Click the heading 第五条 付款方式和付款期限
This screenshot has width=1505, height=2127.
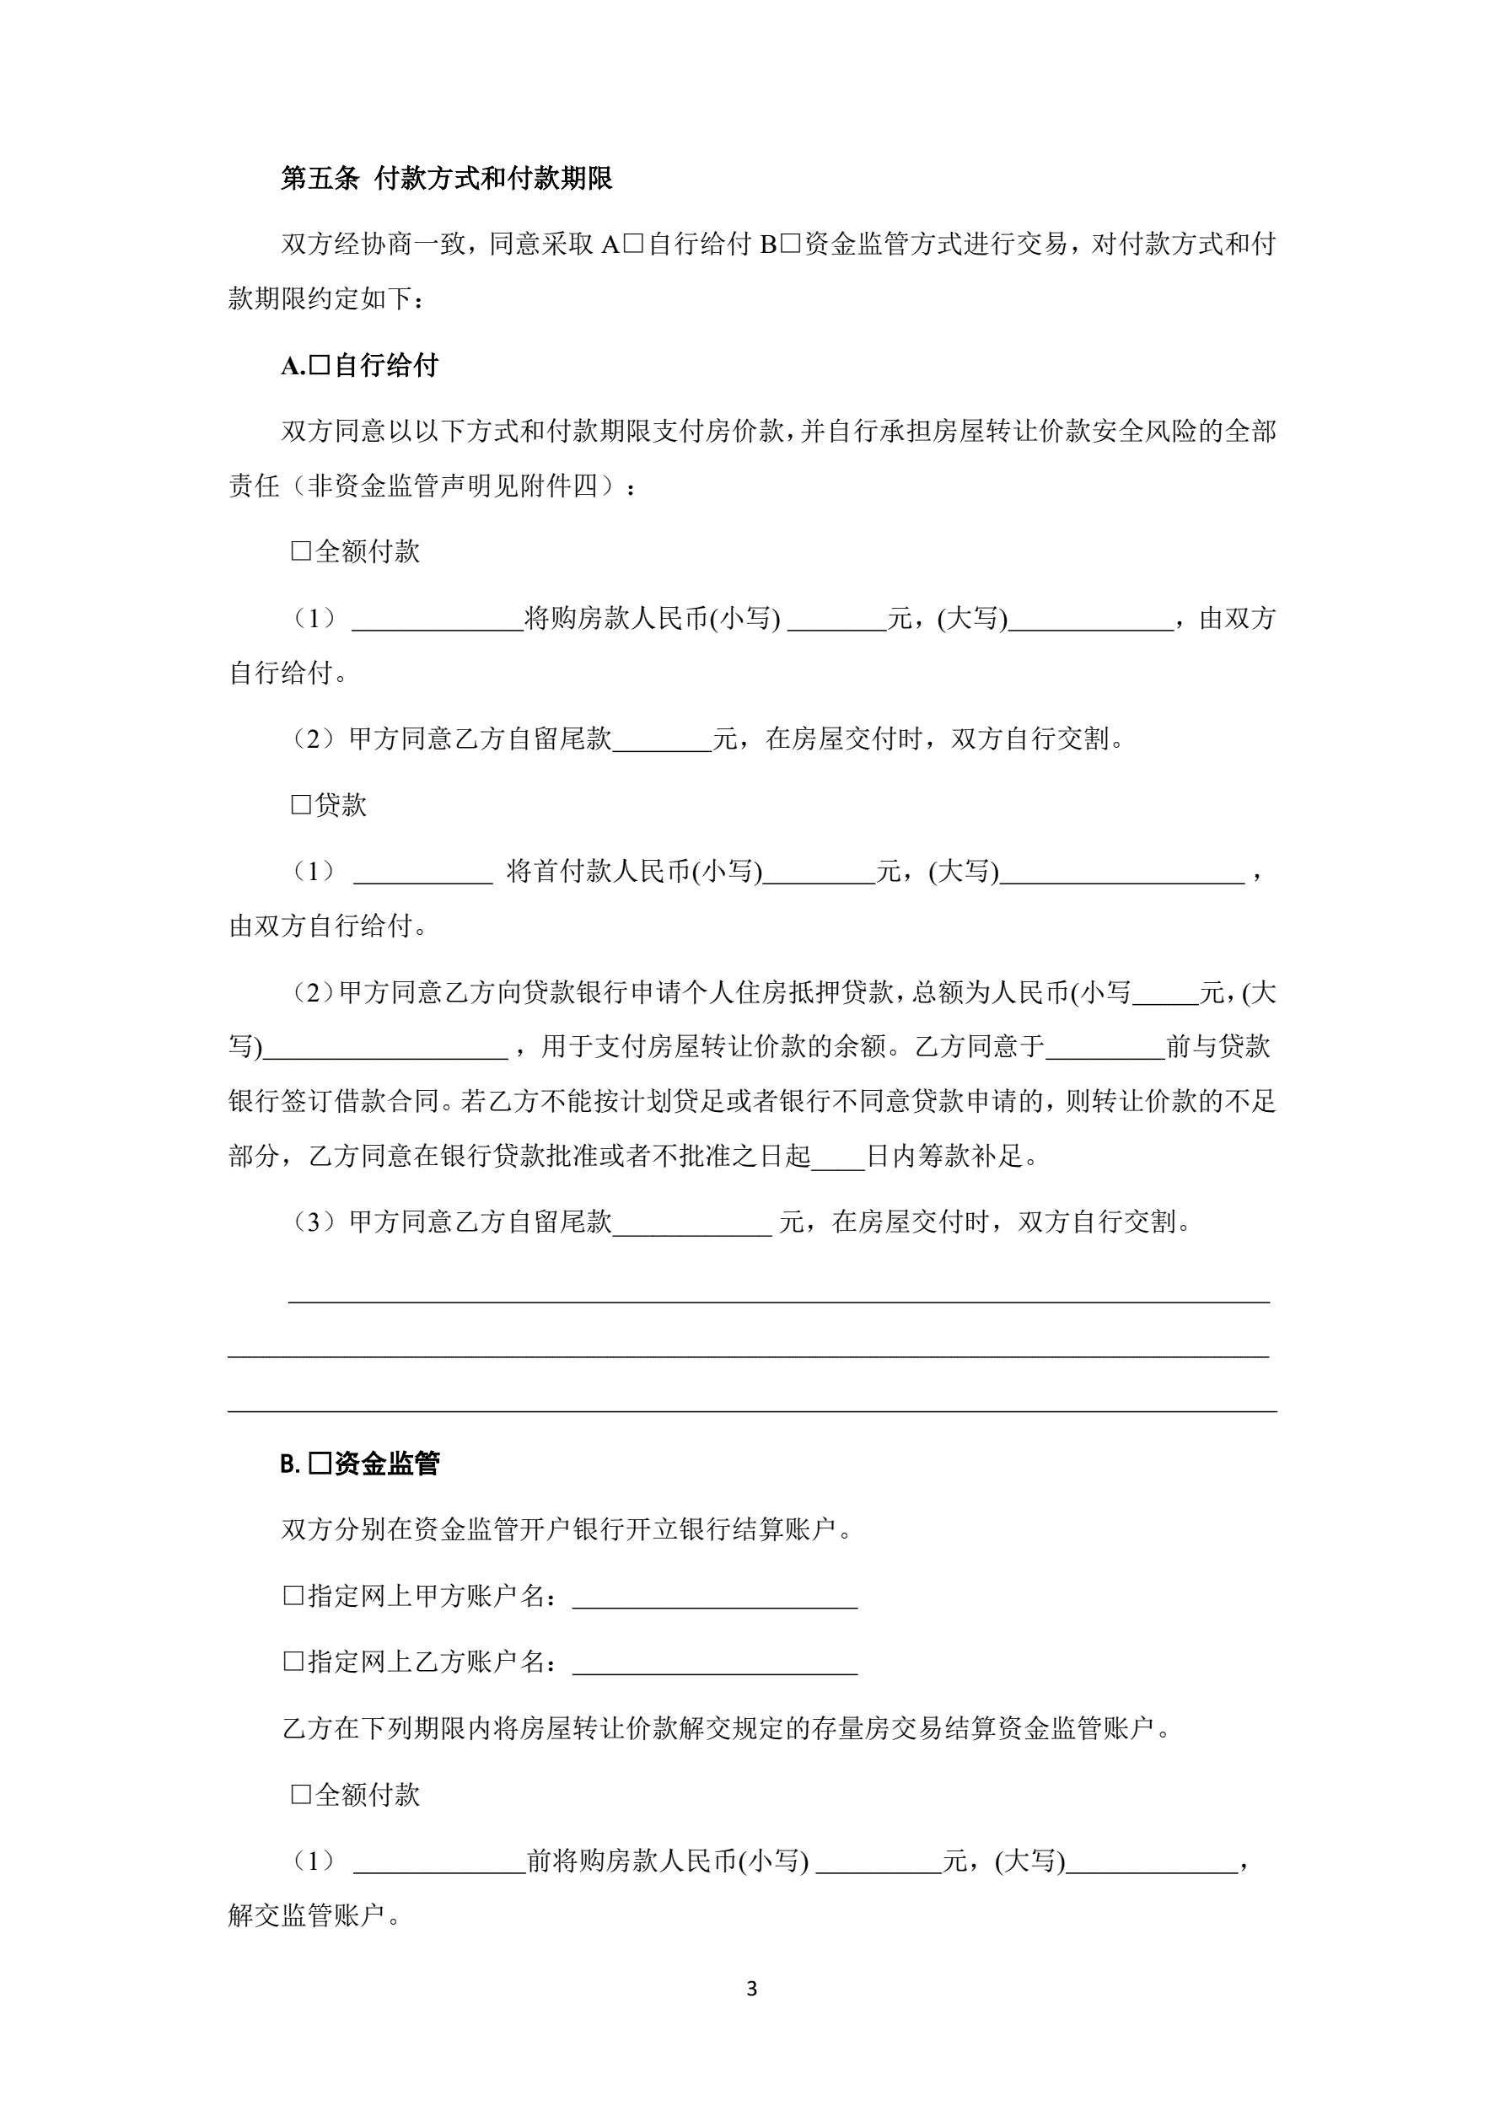[x=447, y=178]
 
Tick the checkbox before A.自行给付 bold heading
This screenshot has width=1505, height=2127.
[x=320, y=365]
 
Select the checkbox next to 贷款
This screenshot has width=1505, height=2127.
[x=301, y=804]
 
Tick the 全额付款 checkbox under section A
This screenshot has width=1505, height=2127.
[x=301, y=551]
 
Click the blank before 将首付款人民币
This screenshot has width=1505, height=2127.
[x=422, y=874]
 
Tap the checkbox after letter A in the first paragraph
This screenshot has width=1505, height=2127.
[x=633, y=244]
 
